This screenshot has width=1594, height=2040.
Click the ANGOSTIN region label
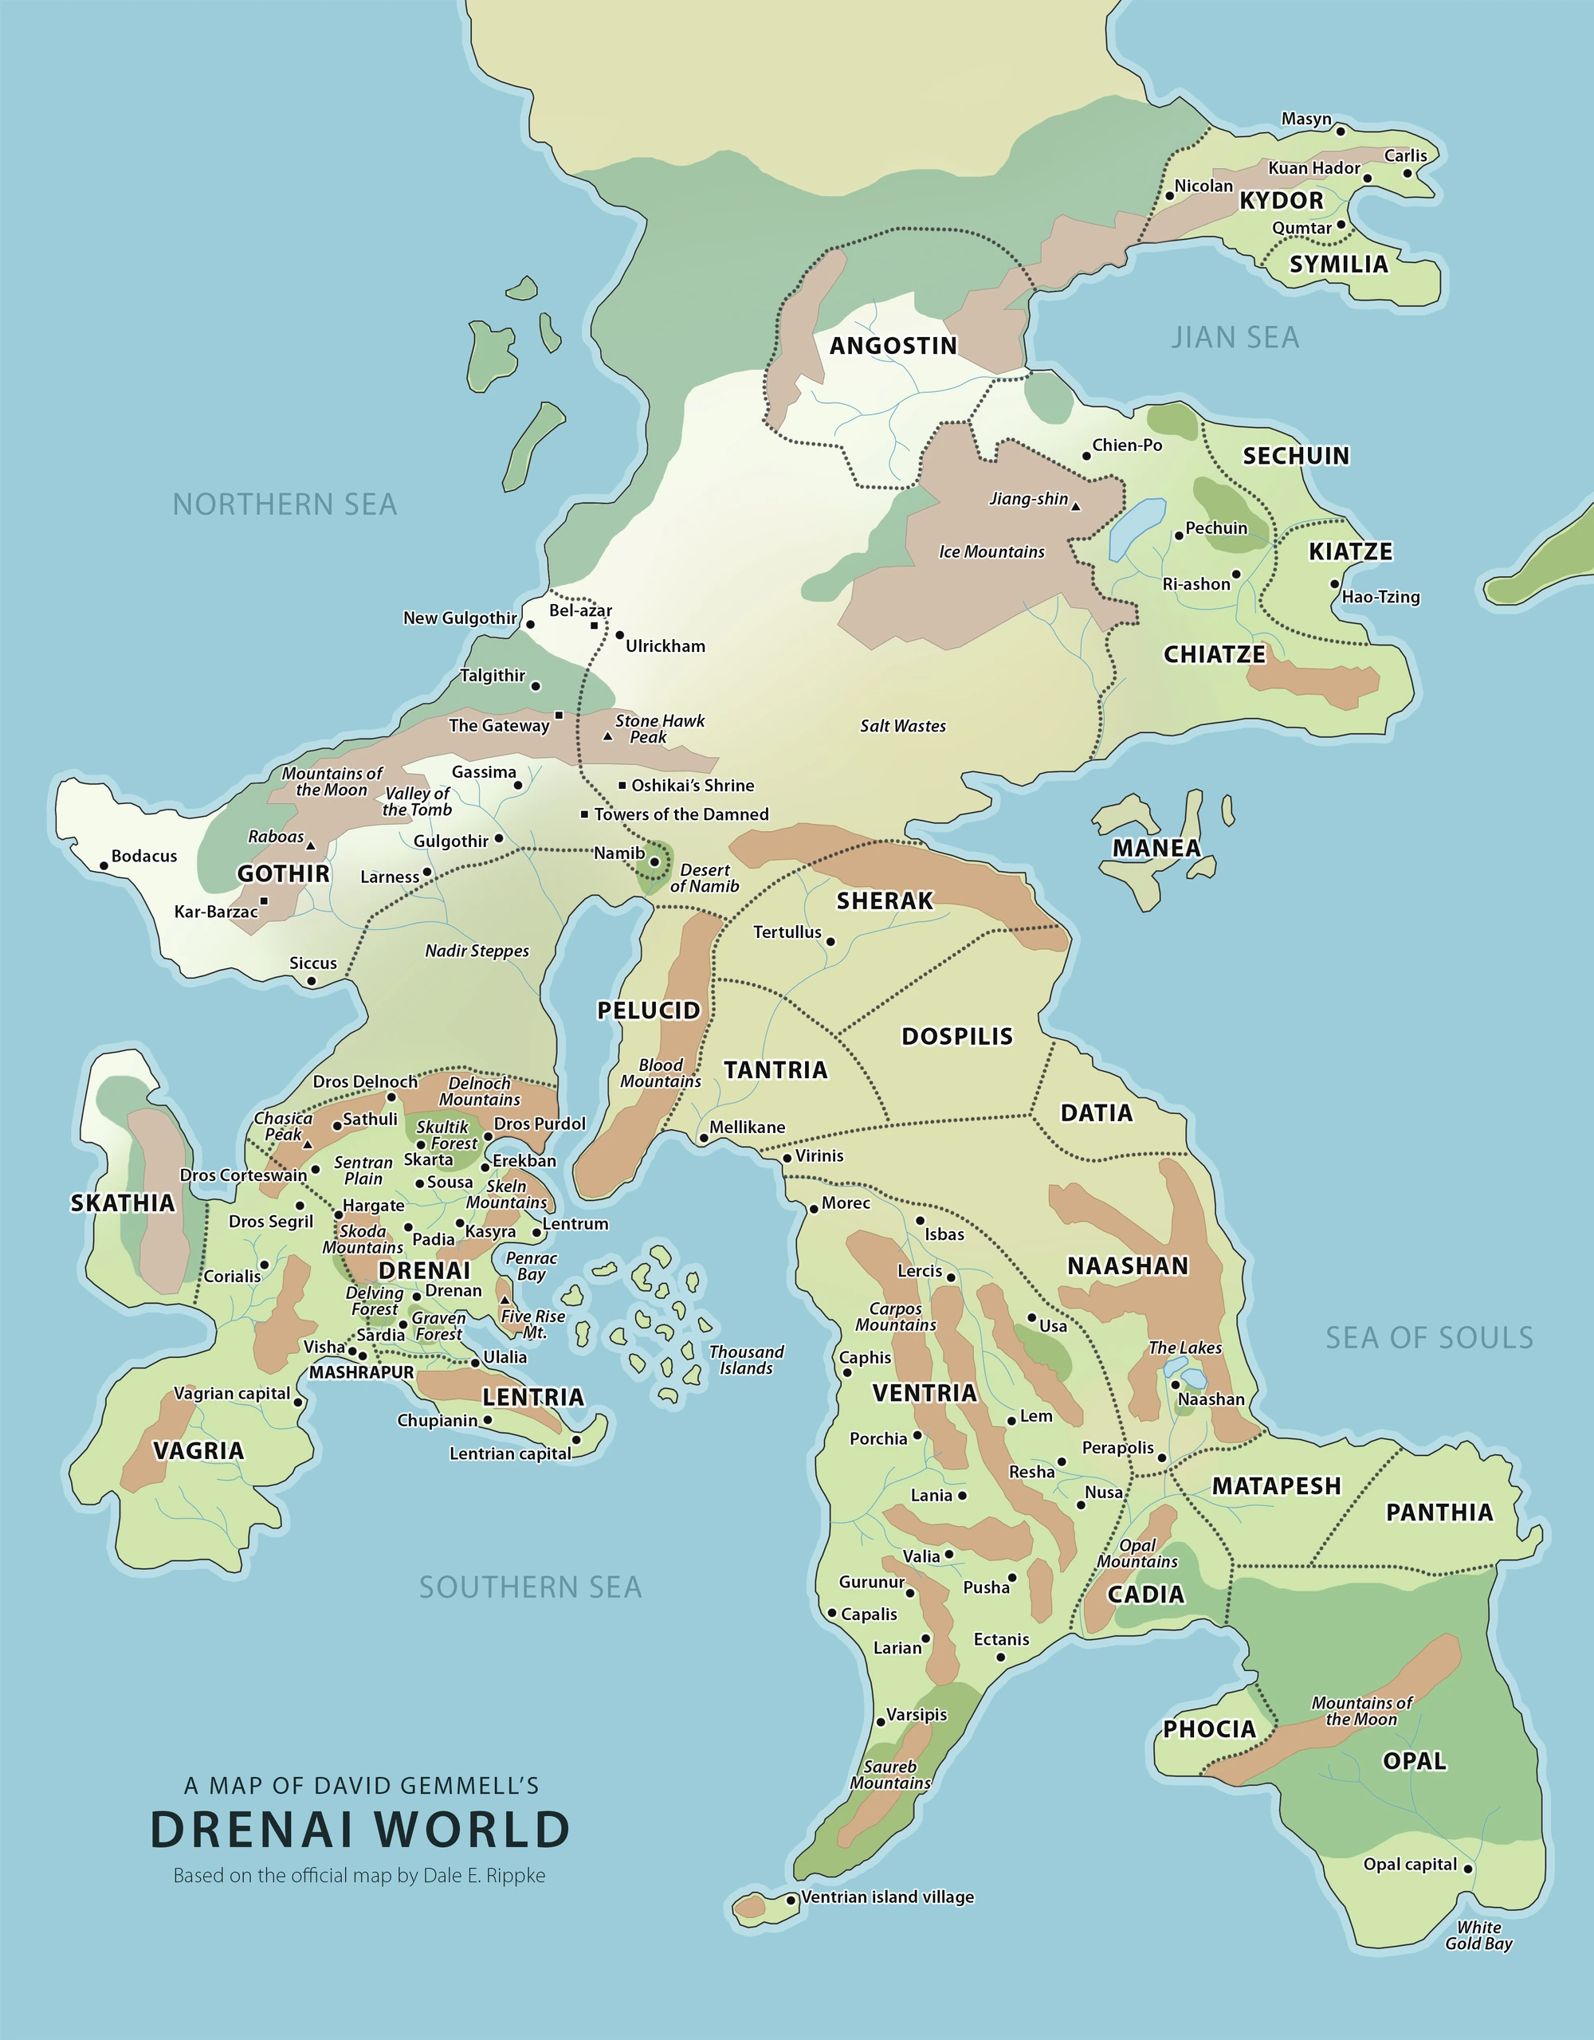click(x=893, y=346)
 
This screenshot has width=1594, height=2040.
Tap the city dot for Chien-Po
click(x=1086, y=456)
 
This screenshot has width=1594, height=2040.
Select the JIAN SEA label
click(x=1235, y=337)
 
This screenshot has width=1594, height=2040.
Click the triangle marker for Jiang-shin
click(x=1075, y=506)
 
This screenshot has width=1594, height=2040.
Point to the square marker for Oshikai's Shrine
click(x=622, y=786)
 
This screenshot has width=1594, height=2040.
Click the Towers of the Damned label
click(x=681, y=814)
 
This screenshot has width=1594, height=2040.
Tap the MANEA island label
click(x=1156, y=847)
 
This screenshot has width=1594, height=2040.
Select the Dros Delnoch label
click(x=364, y=1081)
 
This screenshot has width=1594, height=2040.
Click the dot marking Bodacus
click(x=104, y=866)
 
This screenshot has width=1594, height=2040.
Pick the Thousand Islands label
click(x=746, y=1360)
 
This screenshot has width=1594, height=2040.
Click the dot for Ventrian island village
click(x=791, y=1900)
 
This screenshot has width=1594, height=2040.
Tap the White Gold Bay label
click(x=1478, y=1936)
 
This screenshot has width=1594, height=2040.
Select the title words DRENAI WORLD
click(x=359, y=1829)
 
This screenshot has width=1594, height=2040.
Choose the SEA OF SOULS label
click(x=1428, y=1338)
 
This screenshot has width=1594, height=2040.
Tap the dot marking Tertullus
click(x=830, y=942)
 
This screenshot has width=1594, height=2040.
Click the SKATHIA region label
click(x=123, y=1203)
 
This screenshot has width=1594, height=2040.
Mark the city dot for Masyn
click(x=1340, y=131)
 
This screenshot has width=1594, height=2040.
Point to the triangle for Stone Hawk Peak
click(x=607, y=737)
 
